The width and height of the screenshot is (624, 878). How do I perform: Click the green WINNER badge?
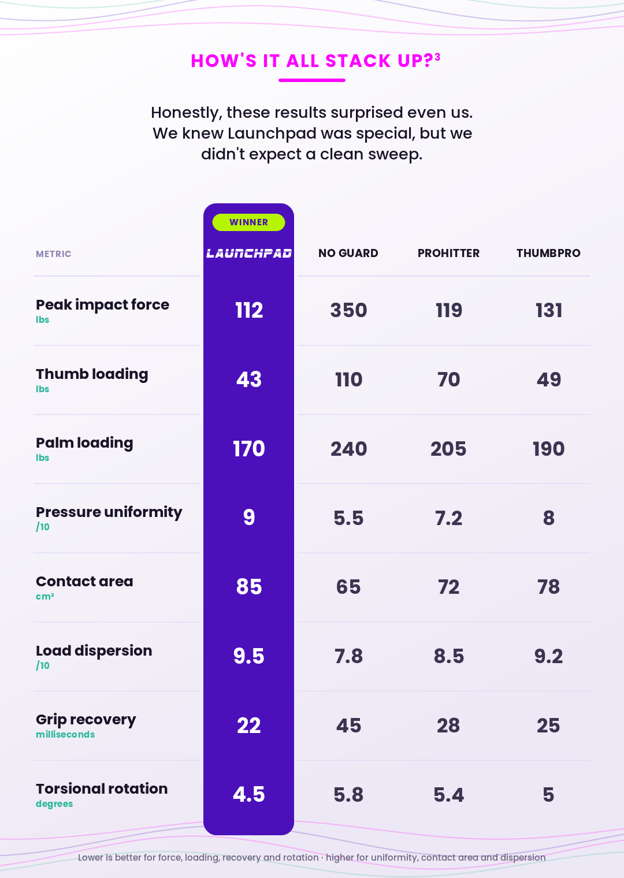[248, 222]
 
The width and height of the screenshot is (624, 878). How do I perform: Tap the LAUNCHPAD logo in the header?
[249, 254]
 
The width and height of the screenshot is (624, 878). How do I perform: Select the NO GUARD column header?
[348, 253]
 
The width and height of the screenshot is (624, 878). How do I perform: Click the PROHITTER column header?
[448, 253]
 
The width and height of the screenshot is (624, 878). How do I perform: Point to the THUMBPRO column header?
[548, 253]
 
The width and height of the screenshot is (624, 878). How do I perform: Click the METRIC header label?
[53, 254]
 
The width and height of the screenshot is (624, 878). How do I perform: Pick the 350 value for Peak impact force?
[348, 310]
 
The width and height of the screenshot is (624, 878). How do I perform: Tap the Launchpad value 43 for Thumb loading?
[249, 380]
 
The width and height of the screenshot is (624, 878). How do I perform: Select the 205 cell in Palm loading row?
[448, 449]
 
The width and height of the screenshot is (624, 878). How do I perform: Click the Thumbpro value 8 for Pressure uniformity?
[548, 518]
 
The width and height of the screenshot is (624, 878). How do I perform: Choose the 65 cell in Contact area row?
[348, 587]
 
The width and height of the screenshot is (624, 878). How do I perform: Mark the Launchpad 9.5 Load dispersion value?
[249, 656]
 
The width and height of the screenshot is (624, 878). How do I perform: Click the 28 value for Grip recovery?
[448, 726]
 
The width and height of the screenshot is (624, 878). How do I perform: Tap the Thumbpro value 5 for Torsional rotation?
[548, 795]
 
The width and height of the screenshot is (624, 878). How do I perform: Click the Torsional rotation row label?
[102, 788]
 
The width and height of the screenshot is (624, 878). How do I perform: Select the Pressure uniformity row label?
[109, 512]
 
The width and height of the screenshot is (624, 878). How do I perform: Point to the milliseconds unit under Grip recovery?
[65, 734]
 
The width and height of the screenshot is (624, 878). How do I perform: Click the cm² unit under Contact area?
[44, 596]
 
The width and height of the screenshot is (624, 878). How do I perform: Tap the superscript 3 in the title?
[437, 57]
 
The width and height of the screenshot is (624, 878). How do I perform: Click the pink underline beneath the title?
[312, 80]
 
